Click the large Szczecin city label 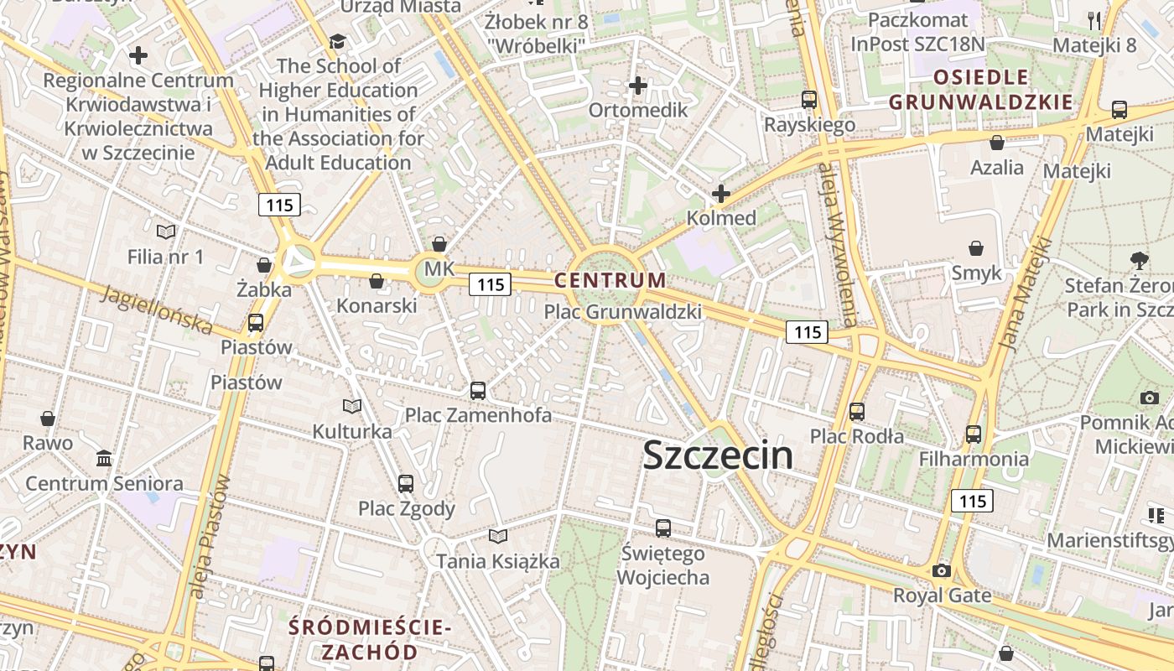point(717,455)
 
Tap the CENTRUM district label point(610,280)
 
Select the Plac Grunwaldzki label point(622,312)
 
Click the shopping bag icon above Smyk point(976,248)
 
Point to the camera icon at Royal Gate point(942,570)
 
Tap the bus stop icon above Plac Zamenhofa point(478,390)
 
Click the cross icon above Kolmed point(720,194)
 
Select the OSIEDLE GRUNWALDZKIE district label point(980,91)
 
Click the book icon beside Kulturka point(352,407)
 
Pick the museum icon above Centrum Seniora point(104,459)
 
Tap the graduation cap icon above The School point(336,41)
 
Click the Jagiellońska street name point(157,309)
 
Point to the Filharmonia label point(974,459)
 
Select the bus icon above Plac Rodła point(856,412)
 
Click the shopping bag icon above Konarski point(377,281)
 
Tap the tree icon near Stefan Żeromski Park point(1139,261)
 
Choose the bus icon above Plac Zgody point(406,483)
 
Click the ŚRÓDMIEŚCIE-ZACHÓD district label point(370,639)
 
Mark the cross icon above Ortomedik point(638,86)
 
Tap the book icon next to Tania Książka point(498,536)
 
